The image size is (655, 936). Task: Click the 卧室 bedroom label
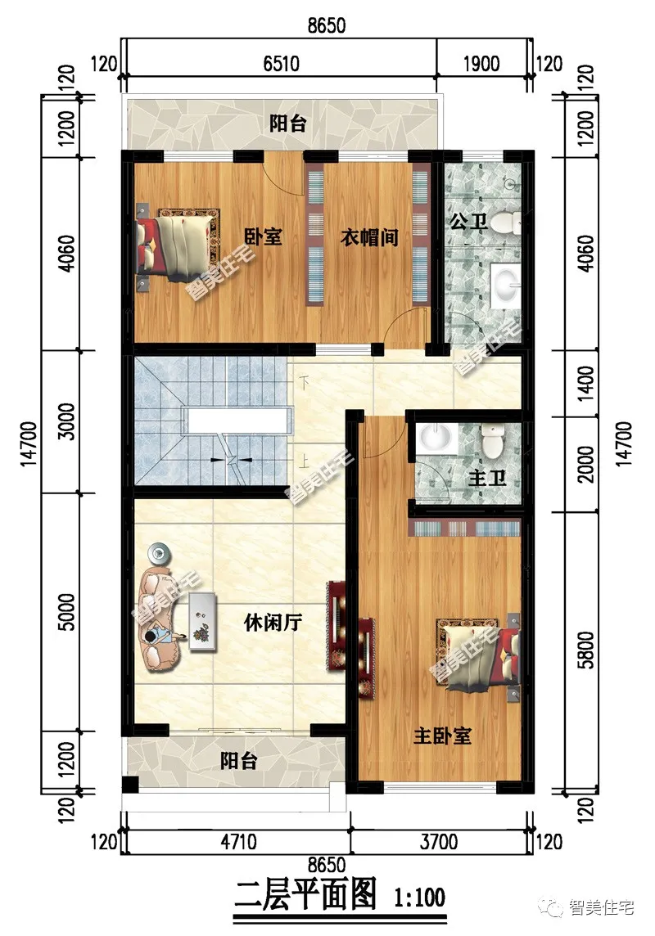(264, 237)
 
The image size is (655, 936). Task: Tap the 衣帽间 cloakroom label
(369, 237)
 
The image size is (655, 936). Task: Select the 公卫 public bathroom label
(468, 221)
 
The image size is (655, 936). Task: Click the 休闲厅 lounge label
(273, 623)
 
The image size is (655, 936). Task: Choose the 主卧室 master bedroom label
(442, 736)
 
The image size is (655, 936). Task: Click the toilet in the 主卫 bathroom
(492, 443)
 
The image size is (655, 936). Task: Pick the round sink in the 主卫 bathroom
(436, 440)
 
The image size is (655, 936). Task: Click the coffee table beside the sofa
(203, 623)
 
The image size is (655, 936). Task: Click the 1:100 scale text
(419, 897)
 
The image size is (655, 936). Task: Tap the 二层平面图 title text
(305, 896)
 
